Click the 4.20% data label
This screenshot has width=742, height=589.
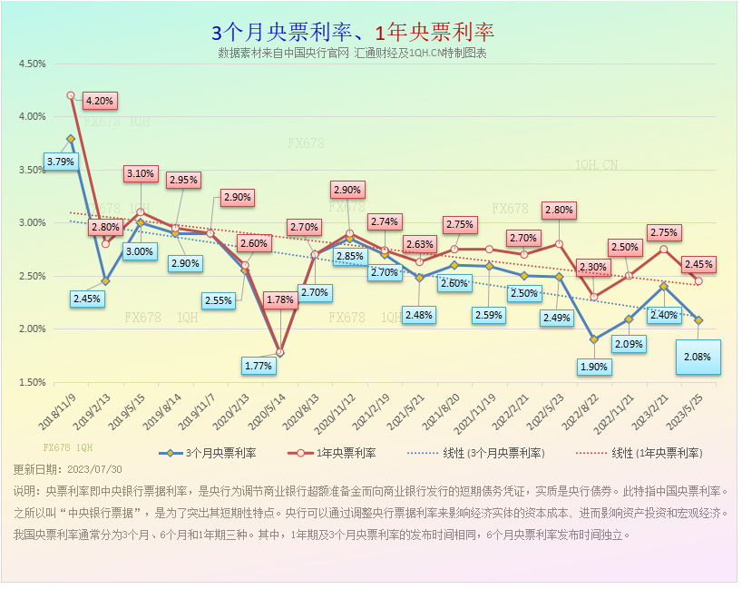pyautogui.click(x=99, y=101)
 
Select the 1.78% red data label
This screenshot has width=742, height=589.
pyautogui.click(x=280, y=299)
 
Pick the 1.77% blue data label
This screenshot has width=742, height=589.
pyautogui.click(x=259, y=366)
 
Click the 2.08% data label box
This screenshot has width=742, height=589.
pyautogui.click(x=698, y=357)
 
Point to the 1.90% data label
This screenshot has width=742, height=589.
pyautogui.click(x=595, y=368)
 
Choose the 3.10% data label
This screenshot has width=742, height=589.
pyautogui.click(x=141, y=173)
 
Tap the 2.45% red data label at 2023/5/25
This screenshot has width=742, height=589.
pyautogui.click(x=698, y=264)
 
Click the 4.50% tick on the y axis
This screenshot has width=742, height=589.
pyautogui.click(x=31, y=64)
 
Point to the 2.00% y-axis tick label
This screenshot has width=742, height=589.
pyautogui.click(x=31, y=329)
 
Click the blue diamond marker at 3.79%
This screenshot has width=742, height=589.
pyautogui.click(x=70, y=139)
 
